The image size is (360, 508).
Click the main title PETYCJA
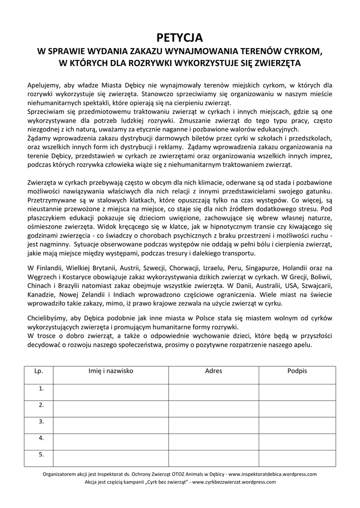tap(180, 37)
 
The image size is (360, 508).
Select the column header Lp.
tap(39, 371)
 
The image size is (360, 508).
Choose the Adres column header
tap(214, 371)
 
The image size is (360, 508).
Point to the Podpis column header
tap(297, 371)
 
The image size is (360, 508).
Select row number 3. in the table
tap(42, 421)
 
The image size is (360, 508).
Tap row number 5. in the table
tap(42, 454)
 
